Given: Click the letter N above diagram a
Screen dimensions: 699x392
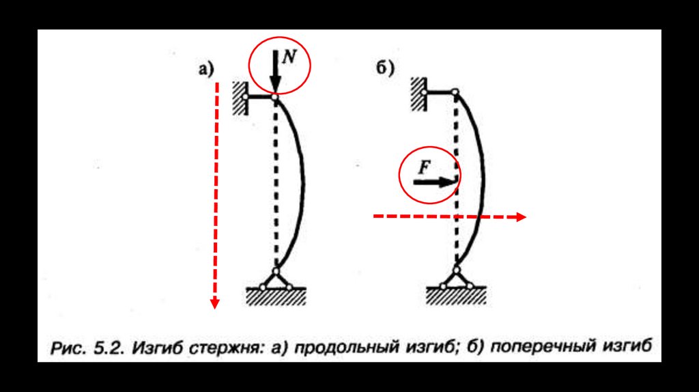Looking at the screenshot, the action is coord(289,57).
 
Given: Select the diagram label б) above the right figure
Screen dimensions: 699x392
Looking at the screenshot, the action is coord(385,68).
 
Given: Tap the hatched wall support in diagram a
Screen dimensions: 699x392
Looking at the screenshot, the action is coord(239,98).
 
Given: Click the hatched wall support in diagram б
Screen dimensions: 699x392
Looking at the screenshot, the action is coord(418,92).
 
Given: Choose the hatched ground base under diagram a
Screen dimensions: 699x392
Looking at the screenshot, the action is coord(276,295).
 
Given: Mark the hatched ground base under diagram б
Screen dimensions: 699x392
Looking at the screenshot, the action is coord(455,295).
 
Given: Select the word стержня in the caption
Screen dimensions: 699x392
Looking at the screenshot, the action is coord(218,348).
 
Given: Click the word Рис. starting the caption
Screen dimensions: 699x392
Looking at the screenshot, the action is coord(68,348).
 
